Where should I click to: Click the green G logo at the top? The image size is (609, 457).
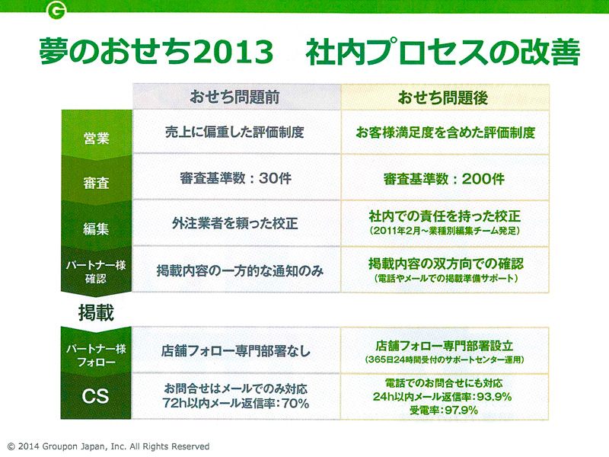point(56,10)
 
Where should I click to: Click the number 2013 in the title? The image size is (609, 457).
point(234,52)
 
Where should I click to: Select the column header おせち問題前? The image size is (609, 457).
point(234,97)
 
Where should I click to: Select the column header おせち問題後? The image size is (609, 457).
point(443,97)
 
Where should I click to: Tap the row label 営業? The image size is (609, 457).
point(96,138)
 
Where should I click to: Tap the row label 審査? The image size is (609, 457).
point(96,183)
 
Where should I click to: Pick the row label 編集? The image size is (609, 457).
point(96,228)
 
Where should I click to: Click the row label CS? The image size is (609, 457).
point(96,396)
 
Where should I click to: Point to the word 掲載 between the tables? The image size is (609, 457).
point(96,312)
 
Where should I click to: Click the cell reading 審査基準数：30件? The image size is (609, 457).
point(236,178)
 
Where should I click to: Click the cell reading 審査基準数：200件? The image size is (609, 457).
point(444,179)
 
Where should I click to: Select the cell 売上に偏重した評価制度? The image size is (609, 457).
point(234,132)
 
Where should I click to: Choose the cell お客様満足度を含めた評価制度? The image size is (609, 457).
point(445,133)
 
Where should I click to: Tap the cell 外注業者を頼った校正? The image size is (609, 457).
point(235,223)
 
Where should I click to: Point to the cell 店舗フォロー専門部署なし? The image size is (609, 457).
point(236,351)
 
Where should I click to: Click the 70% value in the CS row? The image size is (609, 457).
point(295,404)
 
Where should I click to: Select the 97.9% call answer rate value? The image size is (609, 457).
point(461,410)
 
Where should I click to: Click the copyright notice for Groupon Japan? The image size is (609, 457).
point(108,446)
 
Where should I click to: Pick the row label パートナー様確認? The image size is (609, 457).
point(96,272)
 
